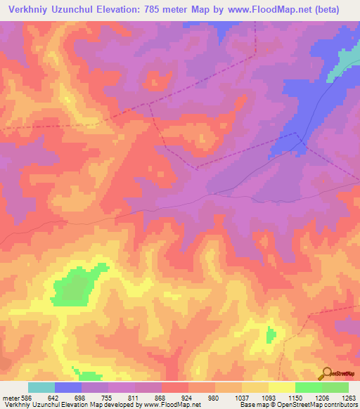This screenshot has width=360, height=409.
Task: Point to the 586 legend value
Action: tap(24, 397)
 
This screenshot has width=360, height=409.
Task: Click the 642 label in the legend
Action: tap(54, 397)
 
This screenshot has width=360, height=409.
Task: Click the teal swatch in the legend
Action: tap(41, 387)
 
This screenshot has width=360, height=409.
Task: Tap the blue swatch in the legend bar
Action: tap(68, 387)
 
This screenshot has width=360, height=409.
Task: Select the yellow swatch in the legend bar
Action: tap(281, 387)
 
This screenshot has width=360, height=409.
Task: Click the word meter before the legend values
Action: tap(9, 397)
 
